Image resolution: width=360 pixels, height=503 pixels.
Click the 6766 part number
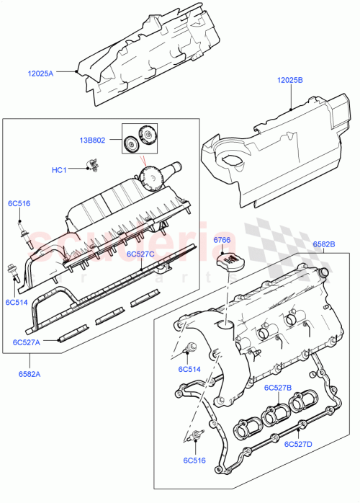click(222, 240)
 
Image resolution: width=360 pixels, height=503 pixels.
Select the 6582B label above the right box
click(325, 245)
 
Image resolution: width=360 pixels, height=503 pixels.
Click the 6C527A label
click(26, 342)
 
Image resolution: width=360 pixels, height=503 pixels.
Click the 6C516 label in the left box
click(19, 204)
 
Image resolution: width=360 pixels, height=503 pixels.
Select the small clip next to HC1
click(91, 169)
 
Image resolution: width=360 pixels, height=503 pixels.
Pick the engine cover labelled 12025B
click(274, 151)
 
